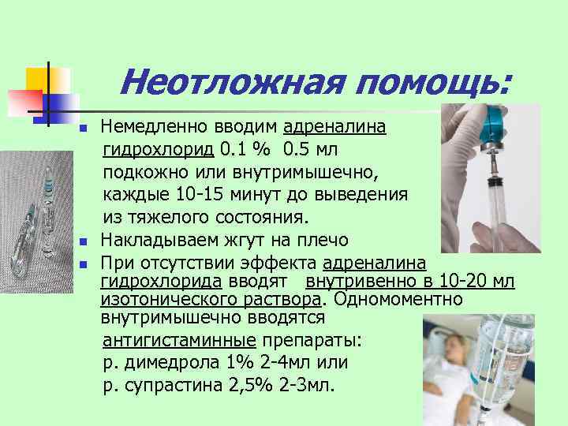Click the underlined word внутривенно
tap(355, 282)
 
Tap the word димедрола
tap(166, 364)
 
